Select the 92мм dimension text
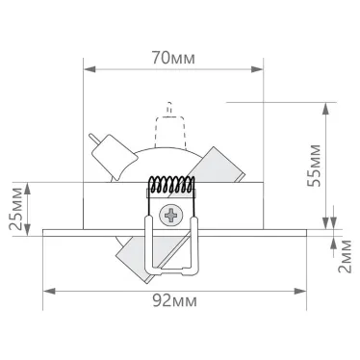pyautogui.click(x=175, y=299)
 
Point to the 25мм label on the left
pyautogui.click(x=16, y=205)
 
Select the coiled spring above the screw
pyautogui.click(x=173, y=188)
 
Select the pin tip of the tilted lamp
pyautogui.click(x=91, y=138)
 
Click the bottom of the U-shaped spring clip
pyautogui.click(x=173, y=276)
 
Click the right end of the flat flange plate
pyautogui.click(x=309, y=230)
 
